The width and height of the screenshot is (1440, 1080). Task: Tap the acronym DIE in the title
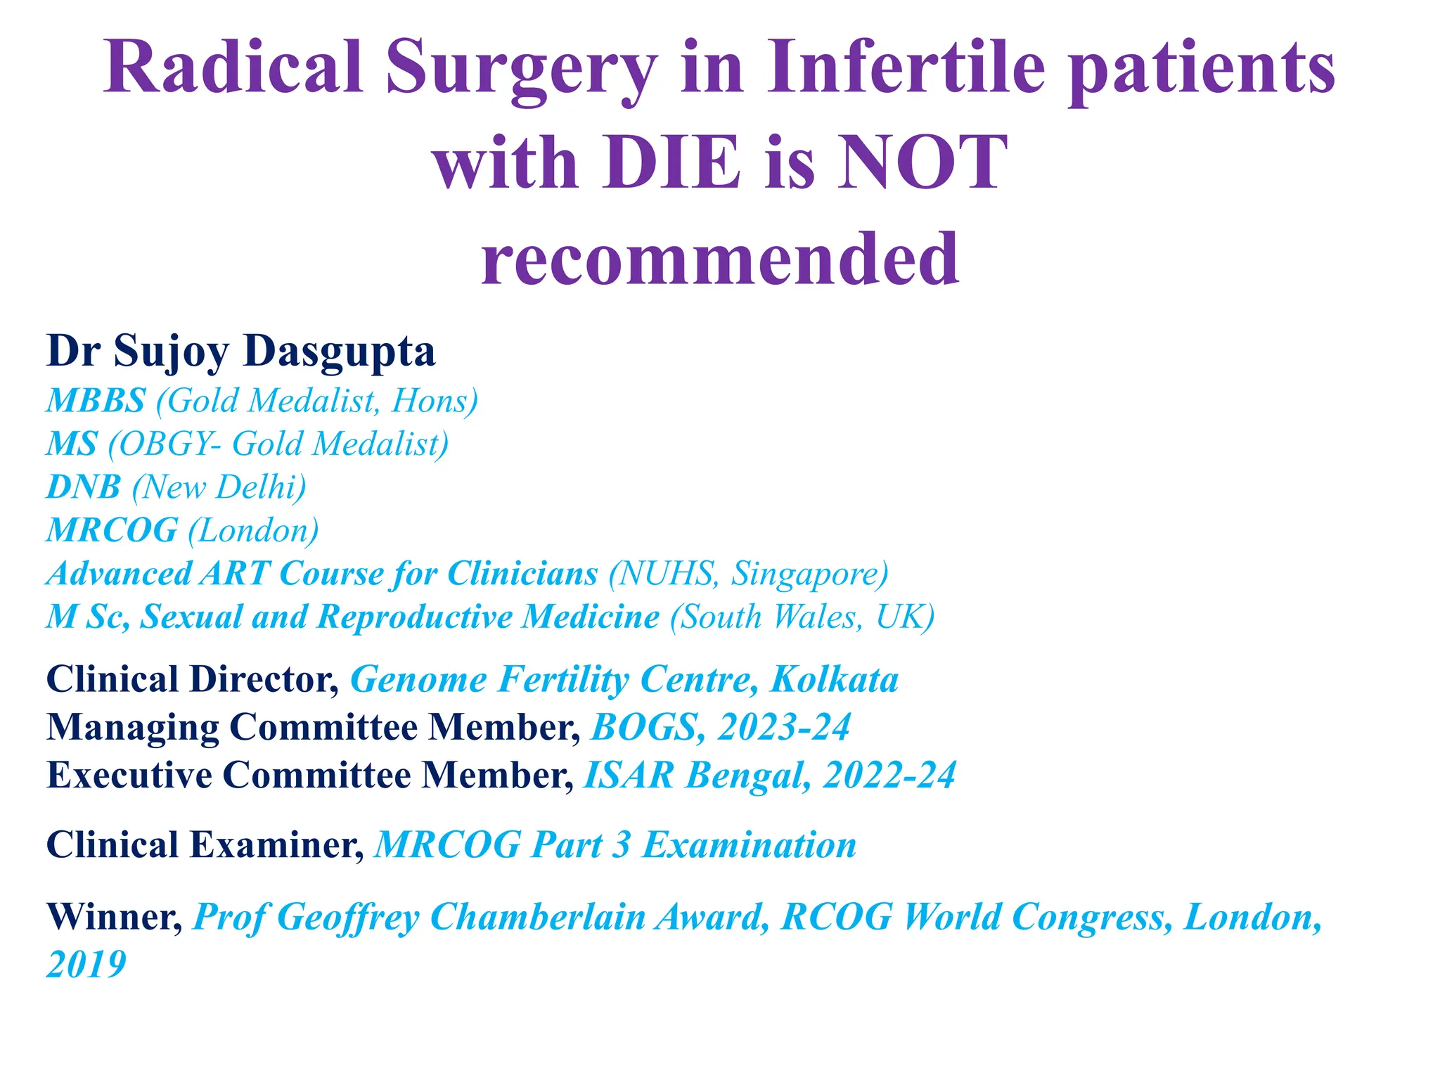[671, 164]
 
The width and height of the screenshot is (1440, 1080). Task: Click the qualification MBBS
[96, 401]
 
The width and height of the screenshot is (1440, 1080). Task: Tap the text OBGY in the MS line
[166, 444]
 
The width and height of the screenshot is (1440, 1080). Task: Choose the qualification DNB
[84, 487]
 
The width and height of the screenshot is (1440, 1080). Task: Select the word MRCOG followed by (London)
[112, 530]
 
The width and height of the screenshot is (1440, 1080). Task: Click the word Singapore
[804, 574]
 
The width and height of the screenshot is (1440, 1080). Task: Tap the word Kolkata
[834, 680]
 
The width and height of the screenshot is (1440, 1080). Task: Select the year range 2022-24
[889, 776]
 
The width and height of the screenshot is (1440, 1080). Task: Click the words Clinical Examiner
[204, 845]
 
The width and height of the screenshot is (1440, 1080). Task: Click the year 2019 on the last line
[86, 964]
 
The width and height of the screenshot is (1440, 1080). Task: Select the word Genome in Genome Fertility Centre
[418, 680]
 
